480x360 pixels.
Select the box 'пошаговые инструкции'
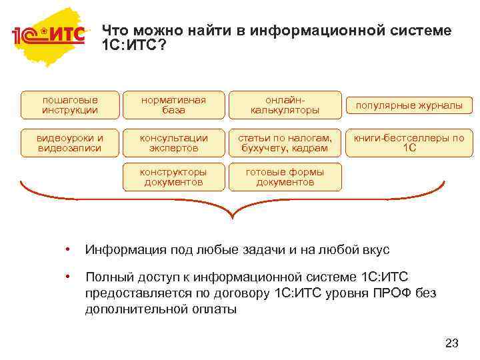[70, 105]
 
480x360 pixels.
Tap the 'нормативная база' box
[173, 105]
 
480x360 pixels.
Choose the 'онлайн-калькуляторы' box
[285, 105]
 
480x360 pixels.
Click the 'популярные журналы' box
[409, 105]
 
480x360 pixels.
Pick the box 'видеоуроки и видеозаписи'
[70, 143]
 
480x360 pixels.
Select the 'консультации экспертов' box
[173, 143]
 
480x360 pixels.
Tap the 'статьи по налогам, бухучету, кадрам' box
[285, 143]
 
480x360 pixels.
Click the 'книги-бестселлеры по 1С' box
[409, 143]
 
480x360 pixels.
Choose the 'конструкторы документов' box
[173, 177]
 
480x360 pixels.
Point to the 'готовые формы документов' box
[285, 177]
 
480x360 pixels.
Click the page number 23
[451, 343]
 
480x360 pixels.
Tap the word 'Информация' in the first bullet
[121, 250]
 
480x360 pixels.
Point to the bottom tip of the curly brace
[233, 217]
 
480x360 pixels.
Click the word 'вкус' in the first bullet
[374, 250]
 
